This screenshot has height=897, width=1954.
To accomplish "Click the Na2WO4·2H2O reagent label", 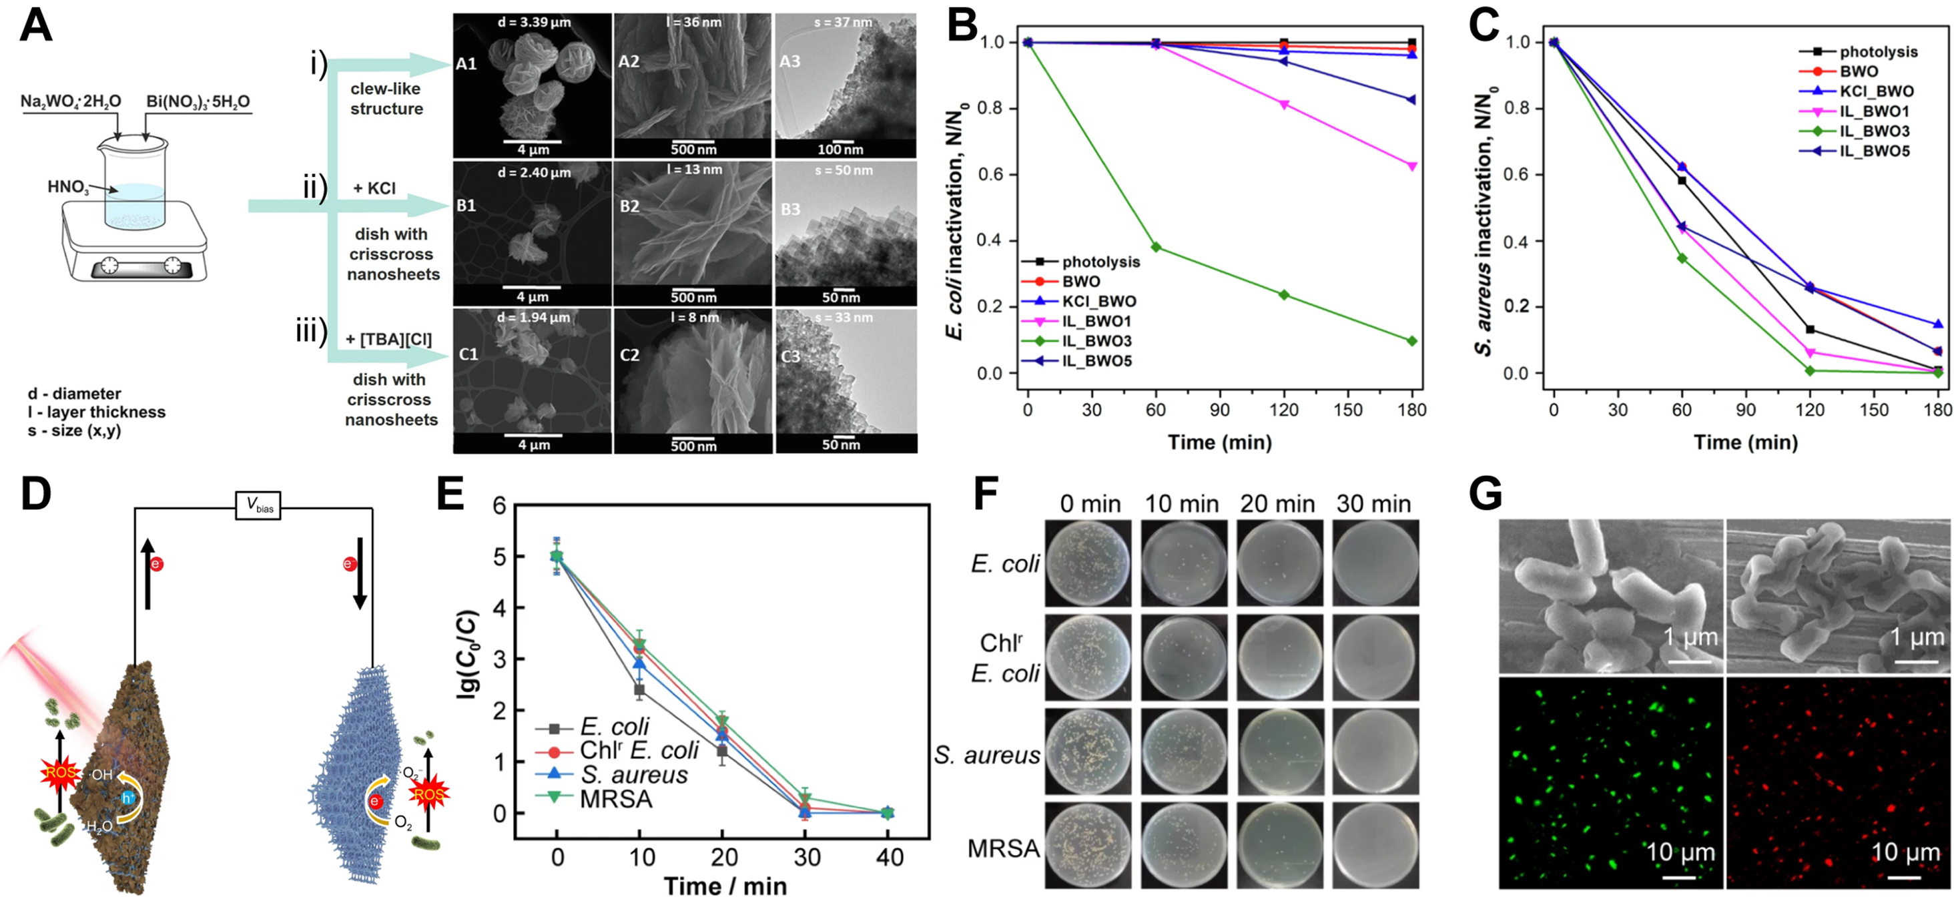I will [x=71, y=101].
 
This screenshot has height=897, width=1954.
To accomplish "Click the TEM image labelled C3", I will [x=846, y=380].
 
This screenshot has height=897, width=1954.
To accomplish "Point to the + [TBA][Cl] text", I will [x=388, y=339].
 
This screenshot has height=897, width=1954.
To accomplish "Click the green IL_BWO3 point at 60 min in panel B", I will [x=1155, y=248].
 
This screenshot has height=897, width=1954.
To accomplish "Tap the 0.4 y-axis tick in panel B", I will [x=996, y=240].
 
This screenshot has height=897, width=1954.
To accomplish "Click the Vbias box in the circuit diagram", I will [x=258, y=505].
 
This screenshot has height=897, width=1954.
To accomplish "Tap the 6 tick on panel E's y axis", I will [x=499, y=506].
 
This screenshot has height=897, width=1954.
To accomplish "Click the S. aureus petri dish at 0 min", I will [x=1088, y=752].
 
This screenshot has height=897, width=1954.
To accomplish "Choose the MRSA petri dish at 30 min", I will [x=1375, y=845].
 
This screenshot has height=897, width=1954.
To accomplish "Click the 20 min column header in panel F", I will [x=1277, y=503].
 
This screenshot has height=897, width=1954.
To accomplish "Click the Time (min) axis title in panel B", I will [x=1219, y=442].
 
